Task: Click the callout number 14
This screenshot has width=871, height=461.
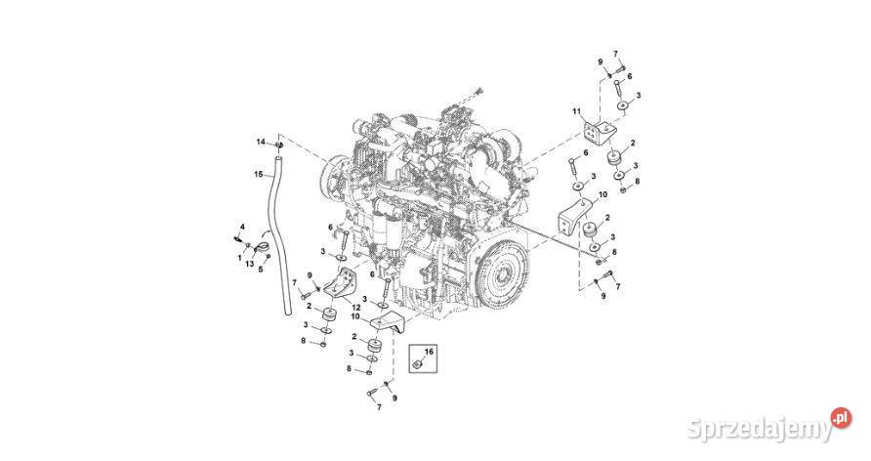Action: point(261,143)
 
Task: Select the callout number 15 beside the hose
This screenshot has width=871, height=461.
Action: point(259,174)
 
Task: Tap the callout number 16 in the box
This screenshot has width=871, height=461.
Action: point(428,349)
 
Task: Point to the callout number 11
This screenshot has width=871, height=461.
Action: point(576,111)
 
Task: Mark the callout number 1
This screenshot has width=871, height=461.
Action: point(238,258)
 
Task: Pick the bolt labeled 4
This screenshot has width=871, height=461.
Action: point(237,237)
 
